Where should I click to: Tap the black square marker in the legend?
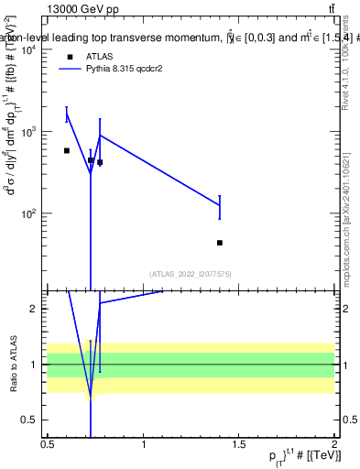(x=70, y=56)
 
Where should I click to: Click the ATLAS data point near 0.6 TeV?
(x=67, y=150)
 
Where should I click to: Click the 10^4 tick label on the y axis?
(x=27, y=50)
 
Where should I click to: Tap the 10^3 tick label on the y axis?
(x=27, y=132)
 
